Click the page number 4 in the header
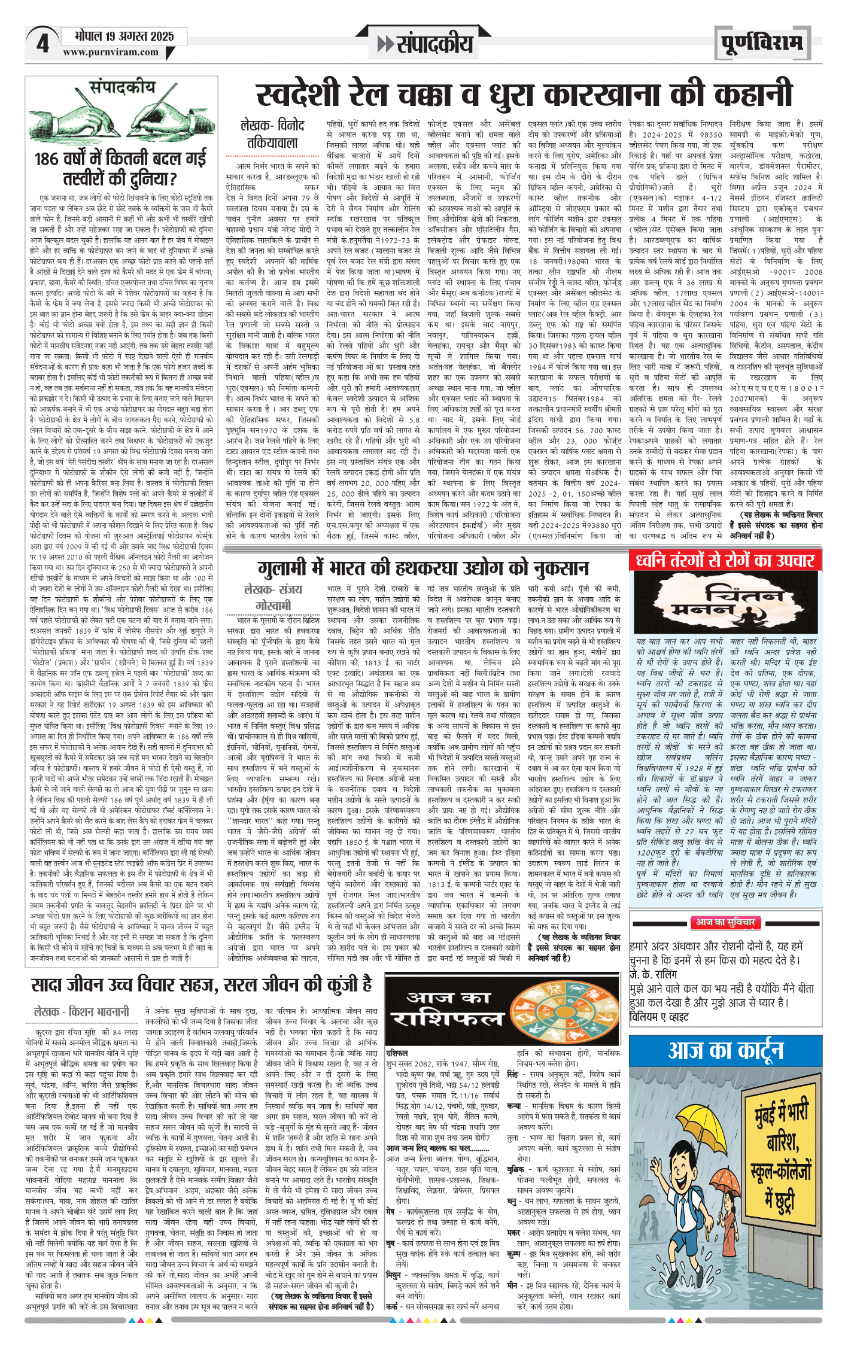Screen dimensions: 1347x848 (x=42, y=44)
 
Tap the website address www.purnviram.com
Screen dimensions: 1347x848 (x=111, y=52)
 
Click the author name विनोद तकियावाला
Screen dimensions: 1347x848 (x=272, y=134)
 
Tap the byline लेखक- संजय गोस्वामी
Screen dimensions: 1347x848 (x=273, y=597)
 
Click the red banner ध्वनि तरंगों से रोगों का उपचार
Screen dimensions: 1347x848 (x=725, y=561)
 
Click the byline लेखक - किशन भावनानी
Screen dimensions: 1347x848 (x=81, y=1011)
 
